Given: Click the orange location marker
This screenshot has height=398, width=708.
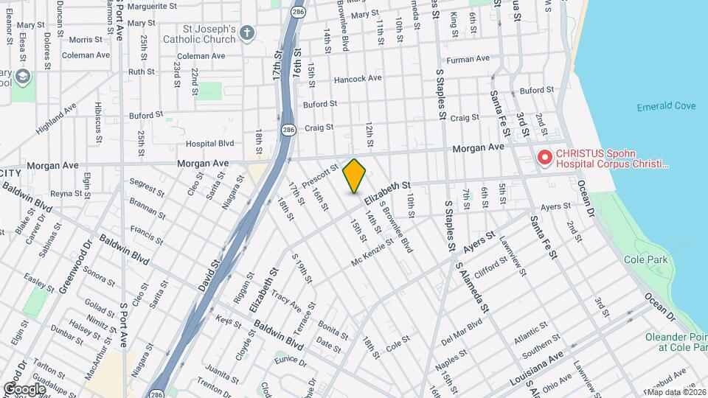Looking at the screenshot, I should (x=355, y=176).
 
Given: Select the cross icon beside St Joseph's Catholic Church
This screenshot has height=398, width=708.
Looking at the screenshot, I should (x=247, y=32).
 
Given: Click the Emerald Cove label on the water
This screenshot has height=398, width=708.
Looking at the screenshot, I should (x=666, y=107).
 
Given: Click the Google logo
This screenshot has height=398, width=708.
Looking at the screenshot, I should (x=24, y=388).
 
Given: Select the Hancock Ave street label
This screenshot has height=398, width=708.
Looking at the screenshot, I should (x=357, y=78).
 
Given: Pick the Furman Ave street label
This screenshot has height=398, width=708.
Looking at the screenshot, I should (x=468, y=59).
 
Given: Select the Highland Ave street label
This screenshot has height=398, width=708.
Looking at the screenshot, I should (x=56, y=118).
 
